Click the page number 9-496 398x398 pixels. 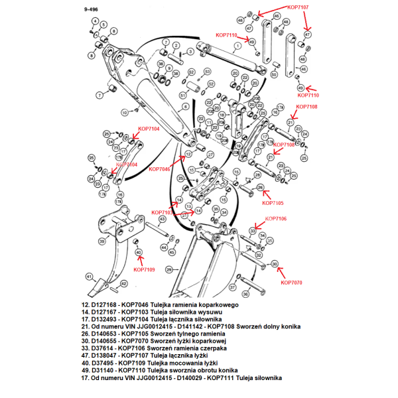point(93,11)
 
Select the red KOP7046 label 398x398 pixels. point(160,169)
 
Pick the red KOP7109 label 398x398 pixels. point(144,270)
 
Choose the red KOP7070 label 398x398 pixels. point(291,283)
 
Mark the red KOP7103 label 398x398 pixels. point(163,212)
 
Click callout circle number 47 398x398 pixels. point(307,34)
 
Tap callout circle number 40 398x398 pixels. point(138,253)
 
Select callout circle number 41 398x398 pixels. point(88,277)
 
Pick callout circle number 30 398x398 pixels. point(275,263)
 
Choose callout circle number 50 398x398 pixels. point(275,74)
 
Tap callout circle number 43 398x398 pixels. point(162,220)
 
